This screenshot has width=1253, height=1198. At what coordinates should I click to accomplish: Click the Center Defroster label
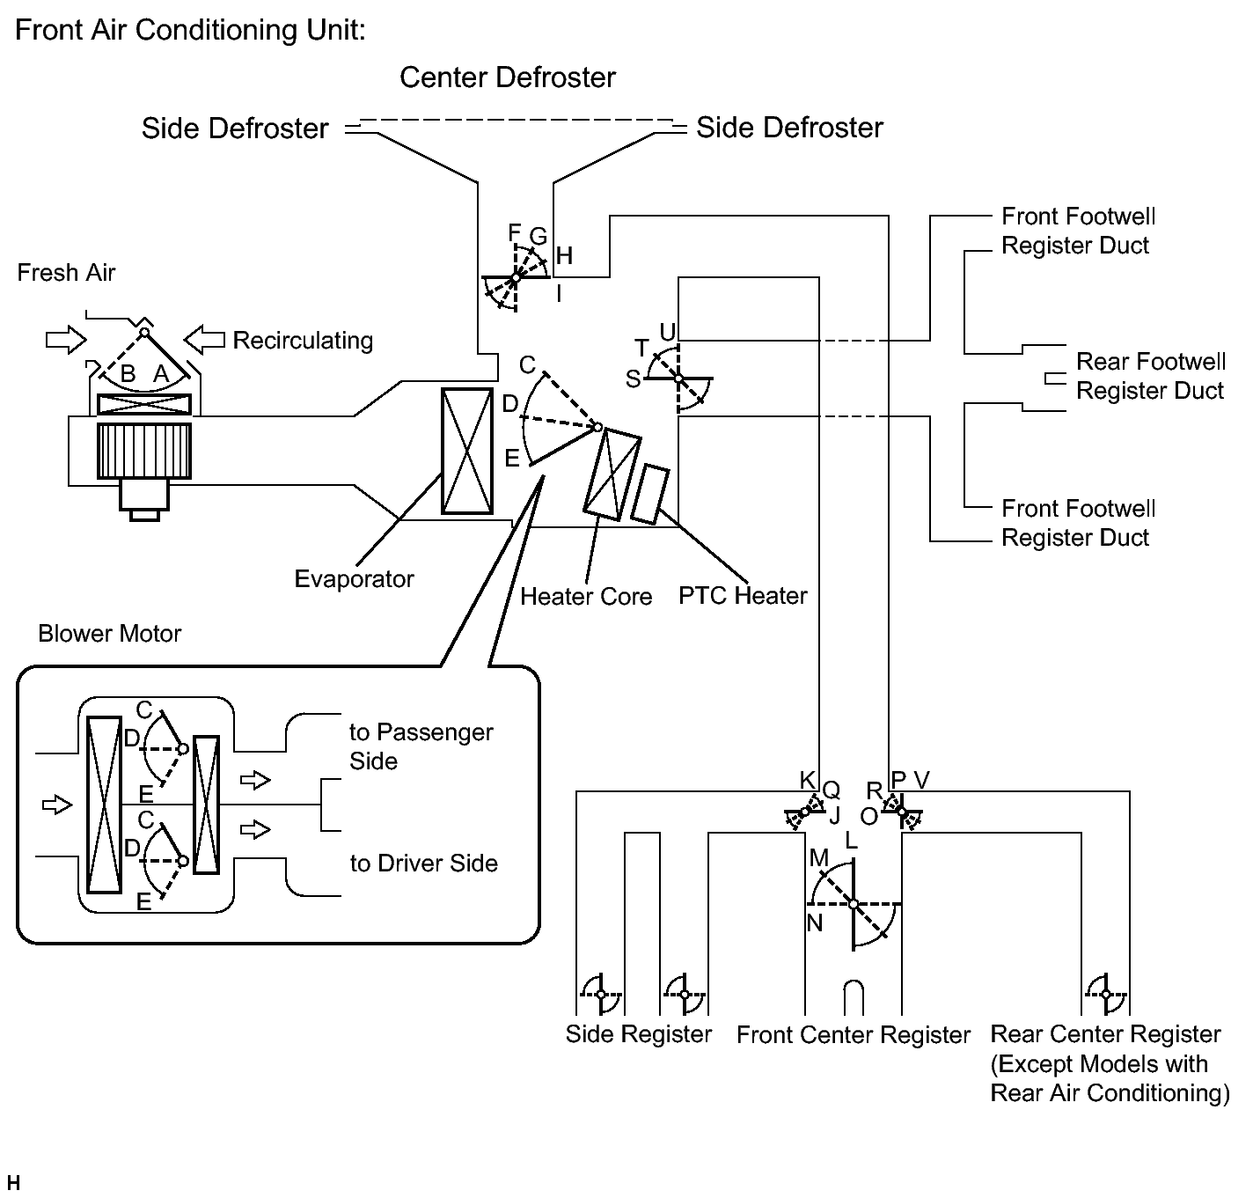coord(508,77)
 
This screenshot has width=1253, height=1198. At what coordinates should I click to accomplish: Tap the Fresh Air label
coord(66,273)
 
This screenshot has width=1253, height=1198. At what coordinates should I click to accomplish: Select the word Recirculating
coord(303,341)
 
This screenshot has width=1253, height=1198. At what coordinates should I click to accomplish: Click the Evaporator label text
coord(354,578)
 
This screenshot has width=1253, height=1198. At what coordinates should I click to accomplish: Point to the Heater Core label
coord(586,596)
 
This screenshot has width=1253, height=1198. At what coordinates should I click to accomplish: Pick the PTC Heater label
coord(743,595)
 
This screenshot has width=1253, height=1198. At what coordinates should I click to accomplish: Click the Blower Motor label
coord(109,633)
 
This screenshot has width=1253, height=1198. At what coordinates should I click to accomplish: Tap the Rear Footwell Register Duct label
coord(1151,376)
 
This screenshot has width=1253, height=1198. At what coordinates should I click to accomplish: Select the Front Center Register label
coord(854,1034)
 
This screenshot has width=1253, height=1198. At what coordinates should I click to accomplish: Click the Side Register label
coord(638,1033)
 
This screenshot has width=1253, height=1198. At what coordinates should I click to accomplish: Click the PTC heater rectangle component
coord(649,494)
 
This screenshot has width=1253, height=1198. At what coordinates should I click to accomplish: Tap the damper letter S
coord(633,379)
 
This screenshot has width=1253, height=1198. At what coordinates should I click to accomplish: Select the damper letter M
coord(818,857)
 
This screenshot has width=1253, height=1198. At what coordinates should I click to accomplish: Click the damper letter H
coord(564,255)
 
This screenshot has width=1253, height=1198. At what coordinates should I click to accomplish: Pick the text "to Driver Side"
coord(423,864)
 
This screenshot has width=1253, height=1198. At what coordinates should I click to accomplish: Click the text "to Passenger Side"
coord(421,746)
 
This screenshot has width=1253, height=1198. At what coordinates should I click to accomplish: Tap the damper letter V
coord(921,780)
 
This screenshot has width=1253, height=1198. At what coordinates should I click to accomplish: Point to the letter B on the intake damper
coord(128,373)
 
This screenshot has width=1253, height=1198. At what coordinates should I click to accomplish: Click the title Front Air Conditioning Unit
coord(191,30)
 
